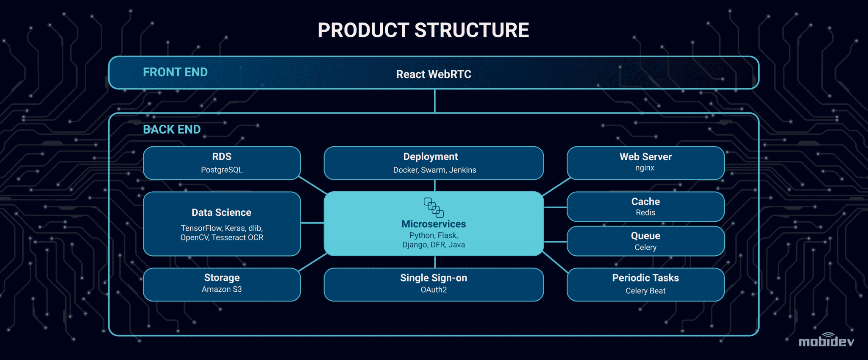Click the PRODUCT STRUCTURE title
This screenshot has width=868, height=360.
[423, 30]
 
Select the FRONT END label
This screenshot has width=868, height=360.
[175, 73]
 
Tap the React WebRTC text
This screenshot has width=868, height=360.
[434, 74]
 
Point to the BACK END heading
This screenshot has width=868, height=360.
[172, 129]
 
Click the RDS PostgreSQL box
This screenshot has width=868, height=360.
[222, 163]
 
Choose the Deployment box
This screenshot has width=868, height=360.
[434, 163]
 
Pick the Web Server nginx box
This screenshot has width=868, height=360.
[645, 163]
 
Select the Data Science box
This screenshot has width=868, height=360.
[222, 224]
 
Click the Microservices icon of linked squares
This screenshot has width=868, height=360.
[434, 207]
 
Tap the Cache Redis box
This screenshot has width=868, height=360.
[645, 207]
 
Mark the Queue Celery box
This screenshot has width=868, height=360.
[645, 241]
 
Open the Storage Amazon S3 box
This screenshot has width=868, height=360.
[222, 284]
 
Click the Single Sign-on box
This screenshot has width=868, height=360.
[434, 284]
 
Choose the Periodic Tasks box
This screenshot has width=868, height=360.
[645, 284]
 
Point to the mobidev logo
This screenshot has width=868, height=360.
[826, 340]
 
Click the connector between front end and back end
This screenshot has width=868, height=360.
[435, 101]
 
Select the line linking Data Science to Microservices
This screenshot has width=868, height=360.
[312, 223]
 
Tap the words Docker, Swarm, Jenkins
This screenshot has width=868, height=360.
[434, 170]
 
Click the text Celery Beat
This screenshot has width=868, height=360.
[645, 291]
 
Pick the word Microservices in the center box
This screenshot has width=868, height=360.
[434, 224]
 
